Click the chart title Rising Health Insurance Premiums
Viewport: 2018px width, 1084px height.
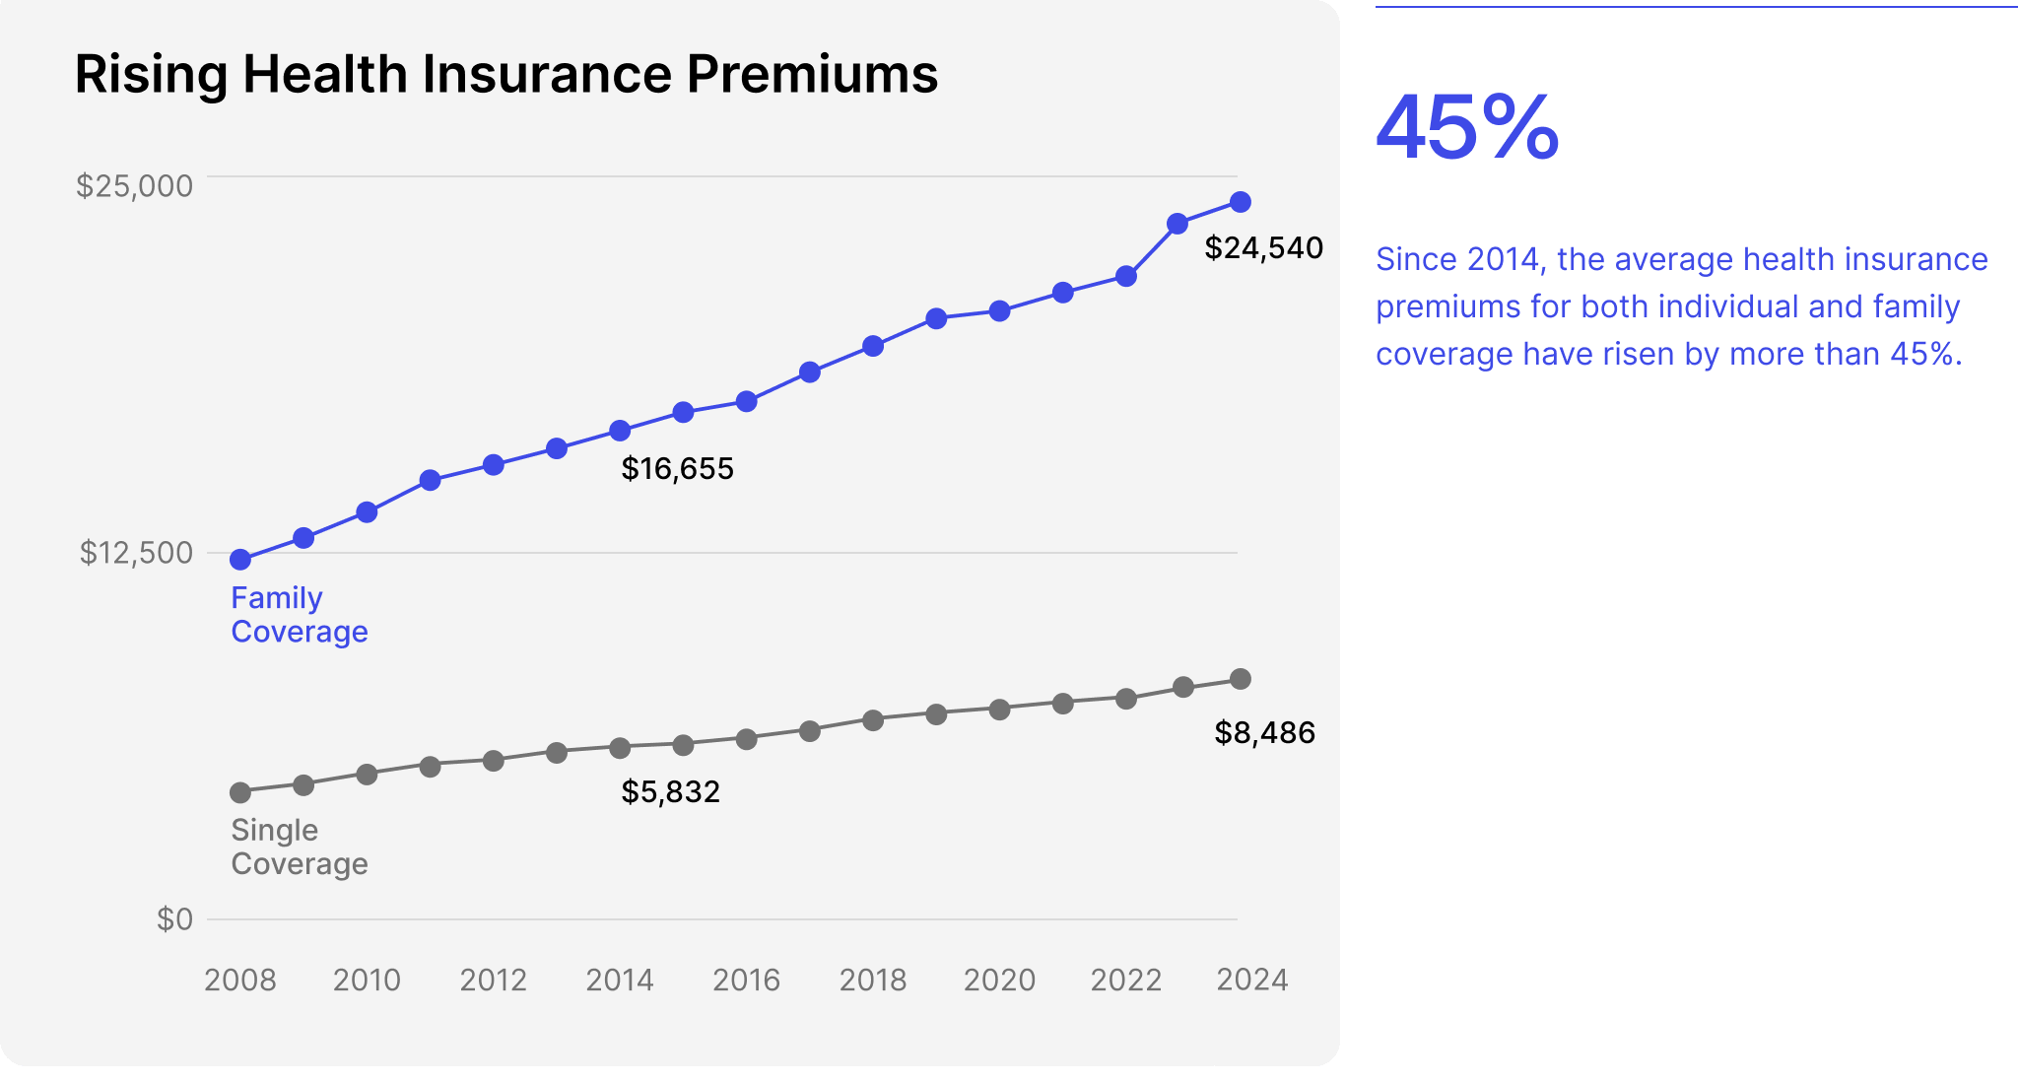[505, 74]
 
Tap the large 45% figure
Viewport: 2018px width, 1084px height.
[1467, 128]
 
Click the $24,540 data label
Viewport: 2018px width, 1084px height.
[1263, 248]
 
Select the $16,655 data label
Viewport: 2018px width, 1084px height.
[677, 469]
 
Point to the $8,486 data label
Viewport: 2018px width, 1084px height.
[1264, 733]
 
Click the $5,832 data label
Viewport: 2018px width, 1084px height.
[670, 792]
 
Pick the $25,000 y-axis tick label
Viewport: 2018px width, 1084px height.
[134, 185]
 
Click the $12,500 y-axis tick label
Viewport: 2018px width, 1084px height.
[136, 553]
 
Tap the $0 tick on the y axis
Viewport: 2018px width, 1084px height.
[174, 919]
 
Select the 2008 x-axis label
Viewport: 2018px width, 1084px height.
[239, 981]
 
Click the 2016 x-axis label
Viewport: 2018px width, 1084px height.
[746, 981]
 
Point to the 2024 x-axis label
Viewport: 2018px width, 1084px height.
[1251, 981]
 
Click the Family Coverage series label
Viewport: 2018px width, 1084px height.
[299, 615]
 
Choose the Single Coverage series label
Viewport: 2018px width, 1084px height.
[299, 847]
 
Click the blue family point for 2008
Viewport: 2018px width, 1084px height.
[240, 560]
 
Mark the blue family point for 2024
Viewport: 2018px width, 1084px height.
[1241, 202]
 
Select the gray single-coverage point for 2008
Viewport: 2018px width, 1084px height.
[240, 792]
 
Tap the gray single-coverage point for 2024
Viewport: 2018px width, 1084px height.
[1241, 679]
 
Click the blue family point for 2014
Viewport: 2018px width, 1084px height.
[620, 431]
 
